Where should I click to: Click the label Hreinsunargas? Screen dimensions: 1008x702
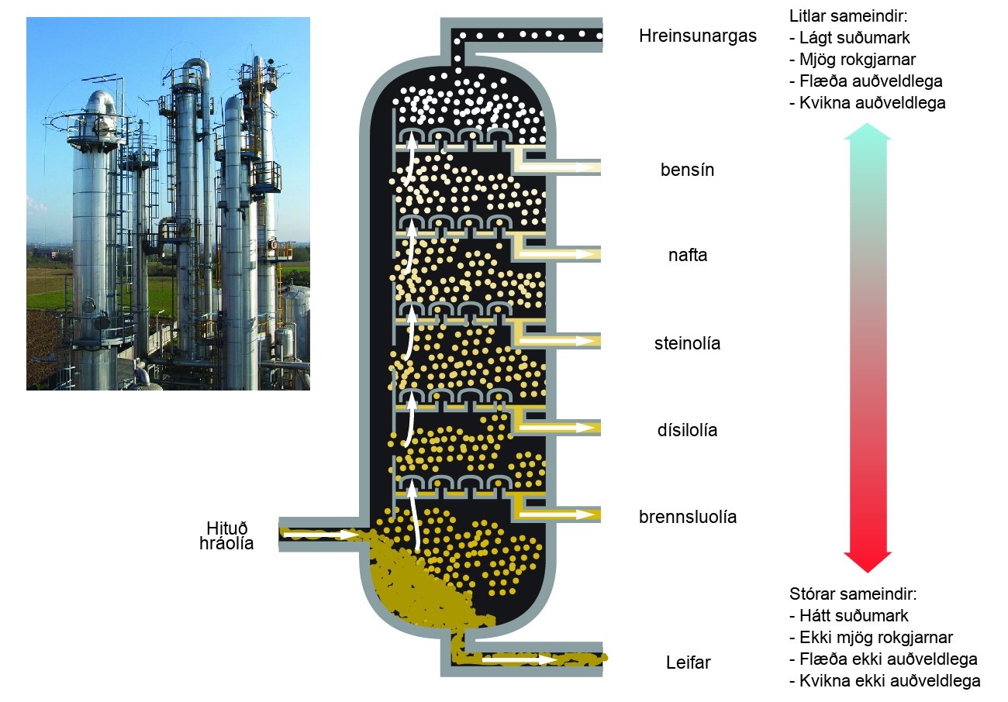click(698, 36)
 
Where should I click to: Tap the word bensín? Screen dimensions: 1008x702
click(687, 170)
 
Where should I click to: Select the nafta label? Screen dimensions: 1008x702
click(688, 255)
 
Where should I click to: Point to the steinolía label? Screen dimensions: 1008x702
click(687, 343)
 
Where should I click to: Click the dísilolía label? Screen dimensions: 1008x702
click(687, 430)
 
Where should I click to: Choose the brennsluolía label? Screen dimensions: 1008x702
click(688, 517)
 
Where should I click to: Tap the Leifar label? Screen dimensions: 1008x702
click(688, 662)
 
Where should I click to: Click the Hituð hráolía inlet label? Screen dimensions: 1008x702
click(226, 535)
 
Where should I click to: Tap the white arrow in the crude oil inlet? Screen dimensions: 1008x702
click(320, 535)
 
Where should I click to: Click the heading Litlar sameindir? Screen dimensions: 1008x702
click(848, 16)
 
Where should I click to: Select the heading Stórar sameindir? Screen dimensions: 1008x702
click(853, 594)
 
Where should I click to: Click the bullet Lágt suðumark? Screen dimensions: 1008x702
click(850, 38)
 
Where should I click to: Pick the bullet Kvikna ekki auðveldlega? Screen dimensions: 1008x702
click(885, 681)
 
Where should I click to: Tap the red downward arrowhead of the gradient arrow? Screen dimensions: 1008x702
click(868, 562)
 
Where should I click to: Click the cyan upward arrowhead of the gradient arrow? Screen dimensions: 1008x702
click(867, 132)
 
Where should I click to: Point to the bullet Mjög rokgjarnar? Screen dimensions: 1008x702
click(853, 60)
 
